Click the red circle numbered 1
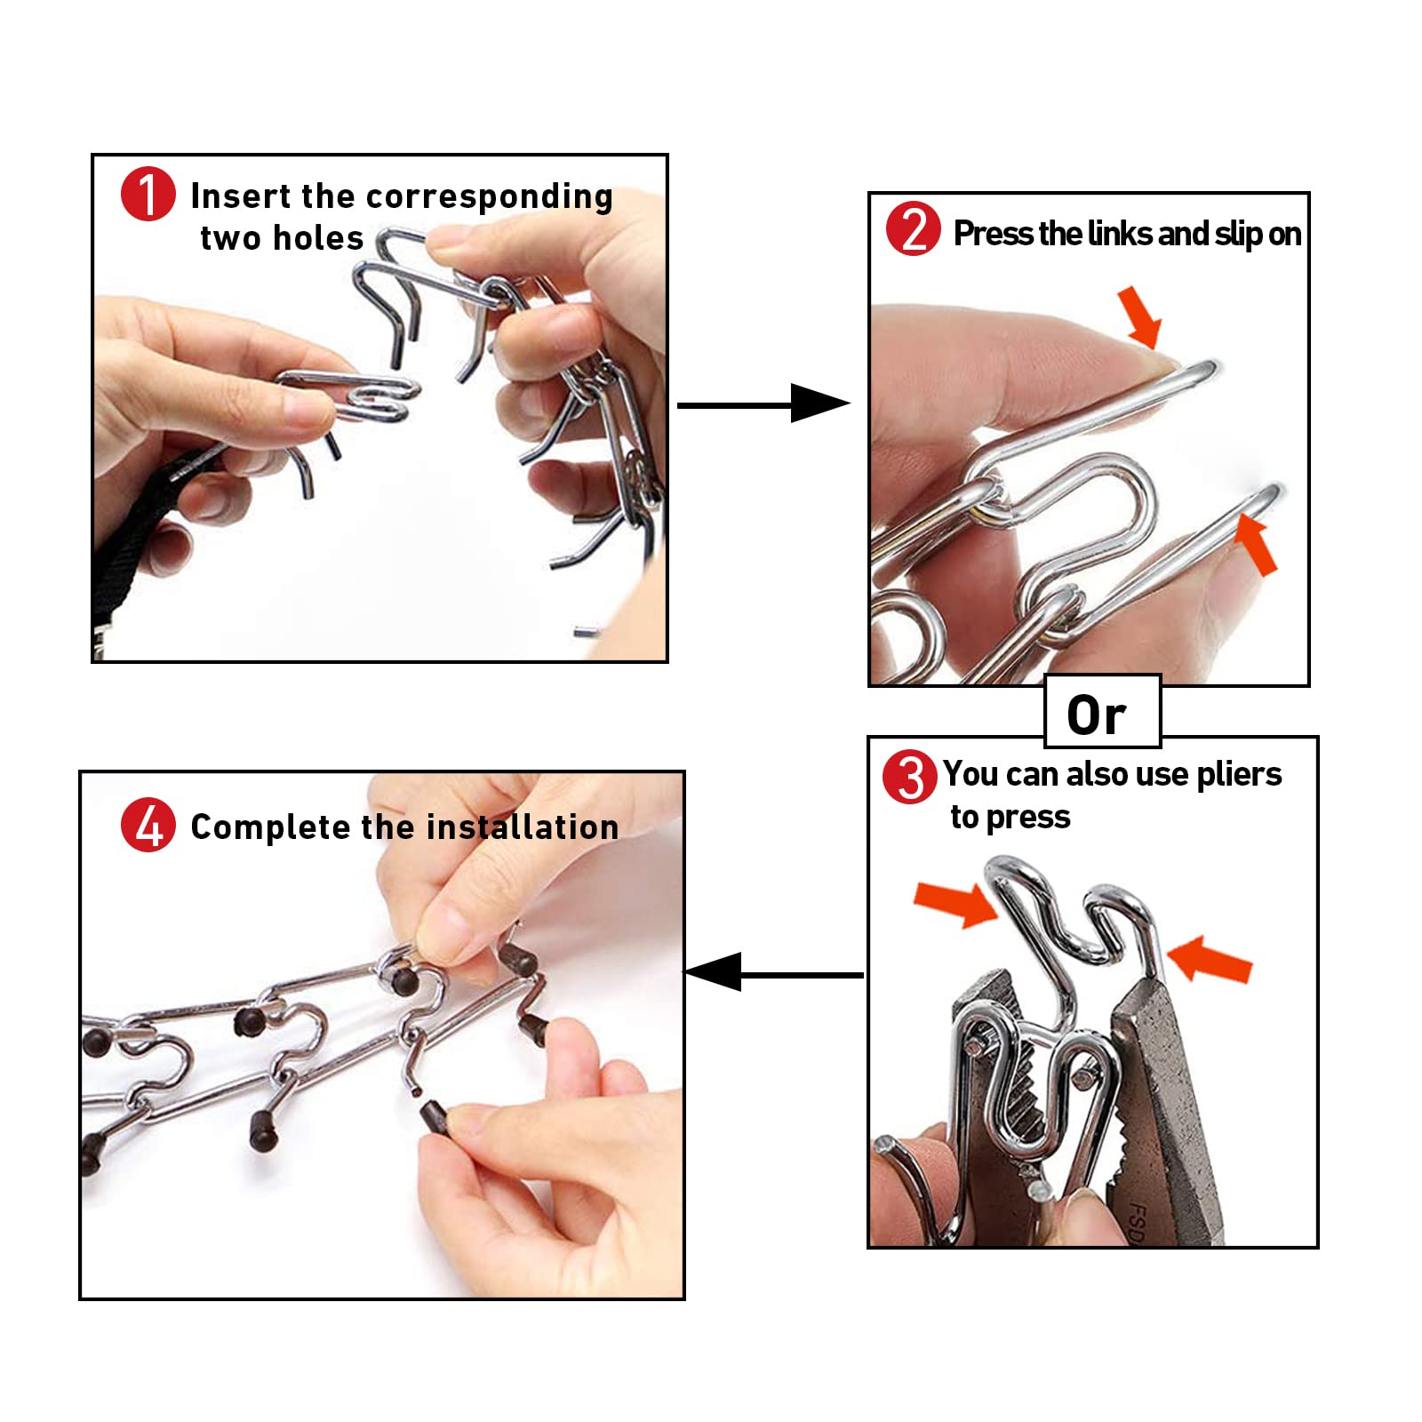tap(148, 194)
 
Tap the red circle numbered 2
tap(913, 229)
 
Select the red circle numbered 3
tap(909, 776)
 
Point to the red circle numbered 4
tap(148, 825)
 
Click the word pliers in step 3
tap(1239, 774)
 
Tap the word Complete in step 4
tap(270, 827)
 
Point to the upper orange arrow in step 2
tap(1140, 316)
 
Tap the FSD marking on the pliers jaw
tap(1138, 1221)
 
